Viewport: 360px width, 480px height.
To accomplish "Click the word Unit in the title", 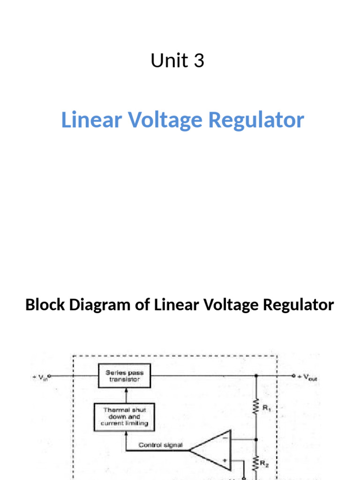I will pos(166,61).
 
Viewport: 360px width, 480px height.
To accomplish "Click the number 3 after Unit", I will pos(199,61).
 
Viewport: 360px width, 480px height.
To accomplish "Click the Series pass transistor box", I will pos(125,376).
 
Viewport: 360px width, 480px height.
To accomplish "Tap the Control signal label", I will pos(161,445).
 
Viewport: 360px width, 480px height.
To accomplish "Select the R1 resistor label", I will pos(266,408).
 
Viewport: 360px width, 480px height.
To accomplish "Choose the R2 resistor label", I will pos(266,465).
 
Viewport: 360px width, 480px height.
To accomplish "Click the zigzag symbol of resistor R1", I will pos(256,407).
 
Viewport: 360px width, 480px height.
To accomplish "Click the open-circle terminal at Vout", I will pos(293,376).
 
